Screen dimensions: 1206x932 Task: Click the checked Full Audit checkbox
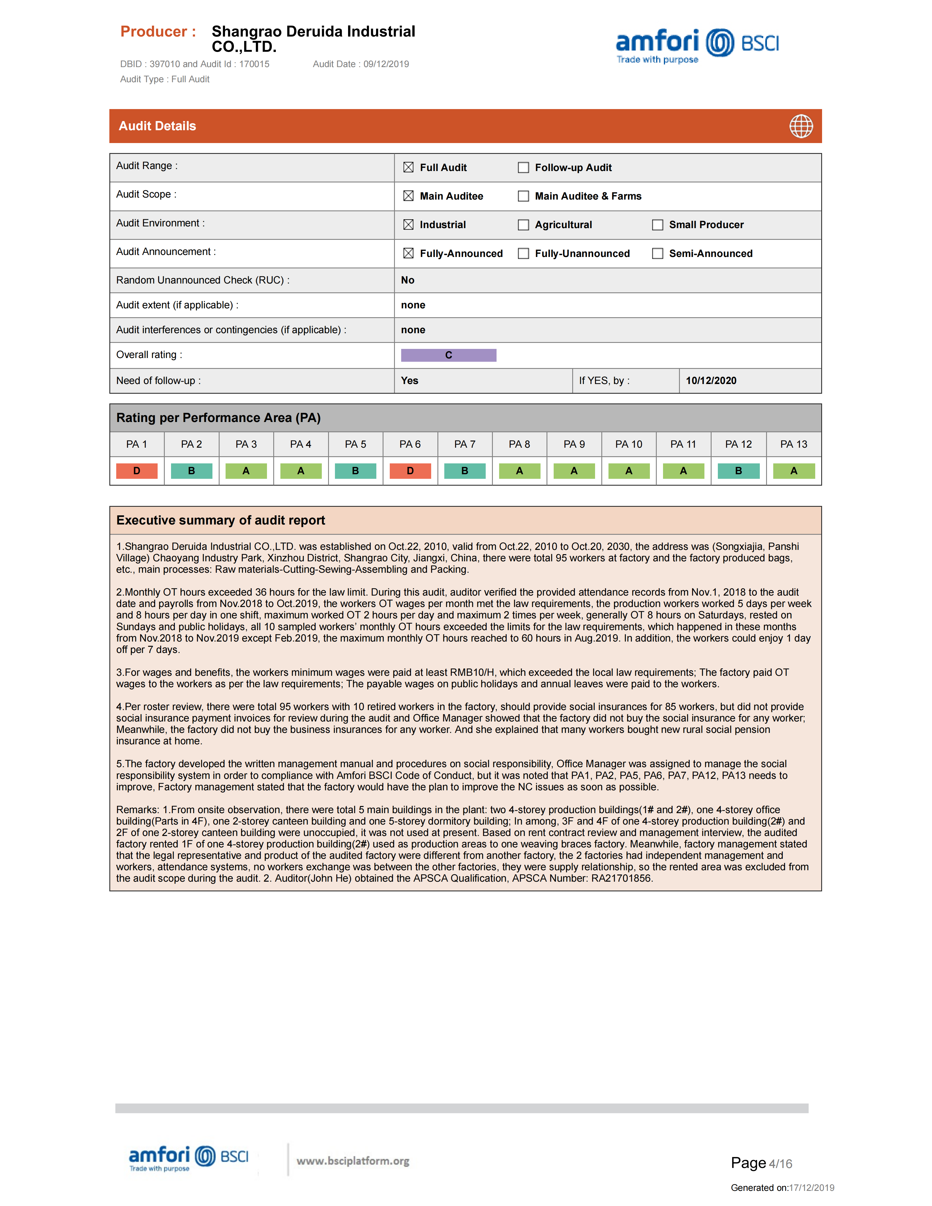tap(408, 167)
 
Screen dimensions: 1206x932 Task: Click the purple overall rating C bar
tap(448, 355)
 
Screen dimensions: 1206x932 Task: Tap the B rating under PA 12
tap(738, 471)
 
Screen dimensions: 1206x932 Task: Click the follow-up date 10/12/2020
tap(711, 381)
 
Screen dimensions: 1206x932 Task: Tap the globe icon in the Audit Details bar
tap(801, 126)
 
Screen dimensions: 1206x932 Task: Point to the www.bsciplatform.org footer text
tap(353, 1161)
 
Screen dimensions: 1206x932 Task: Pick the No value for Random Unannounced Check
tap(407, 280)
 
